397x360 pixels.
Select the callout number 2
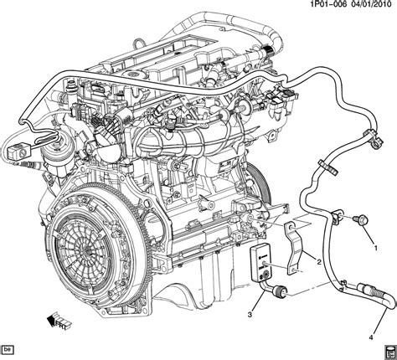pos(318,261)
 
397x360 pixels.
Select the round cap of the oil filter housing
pos(40,133)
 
